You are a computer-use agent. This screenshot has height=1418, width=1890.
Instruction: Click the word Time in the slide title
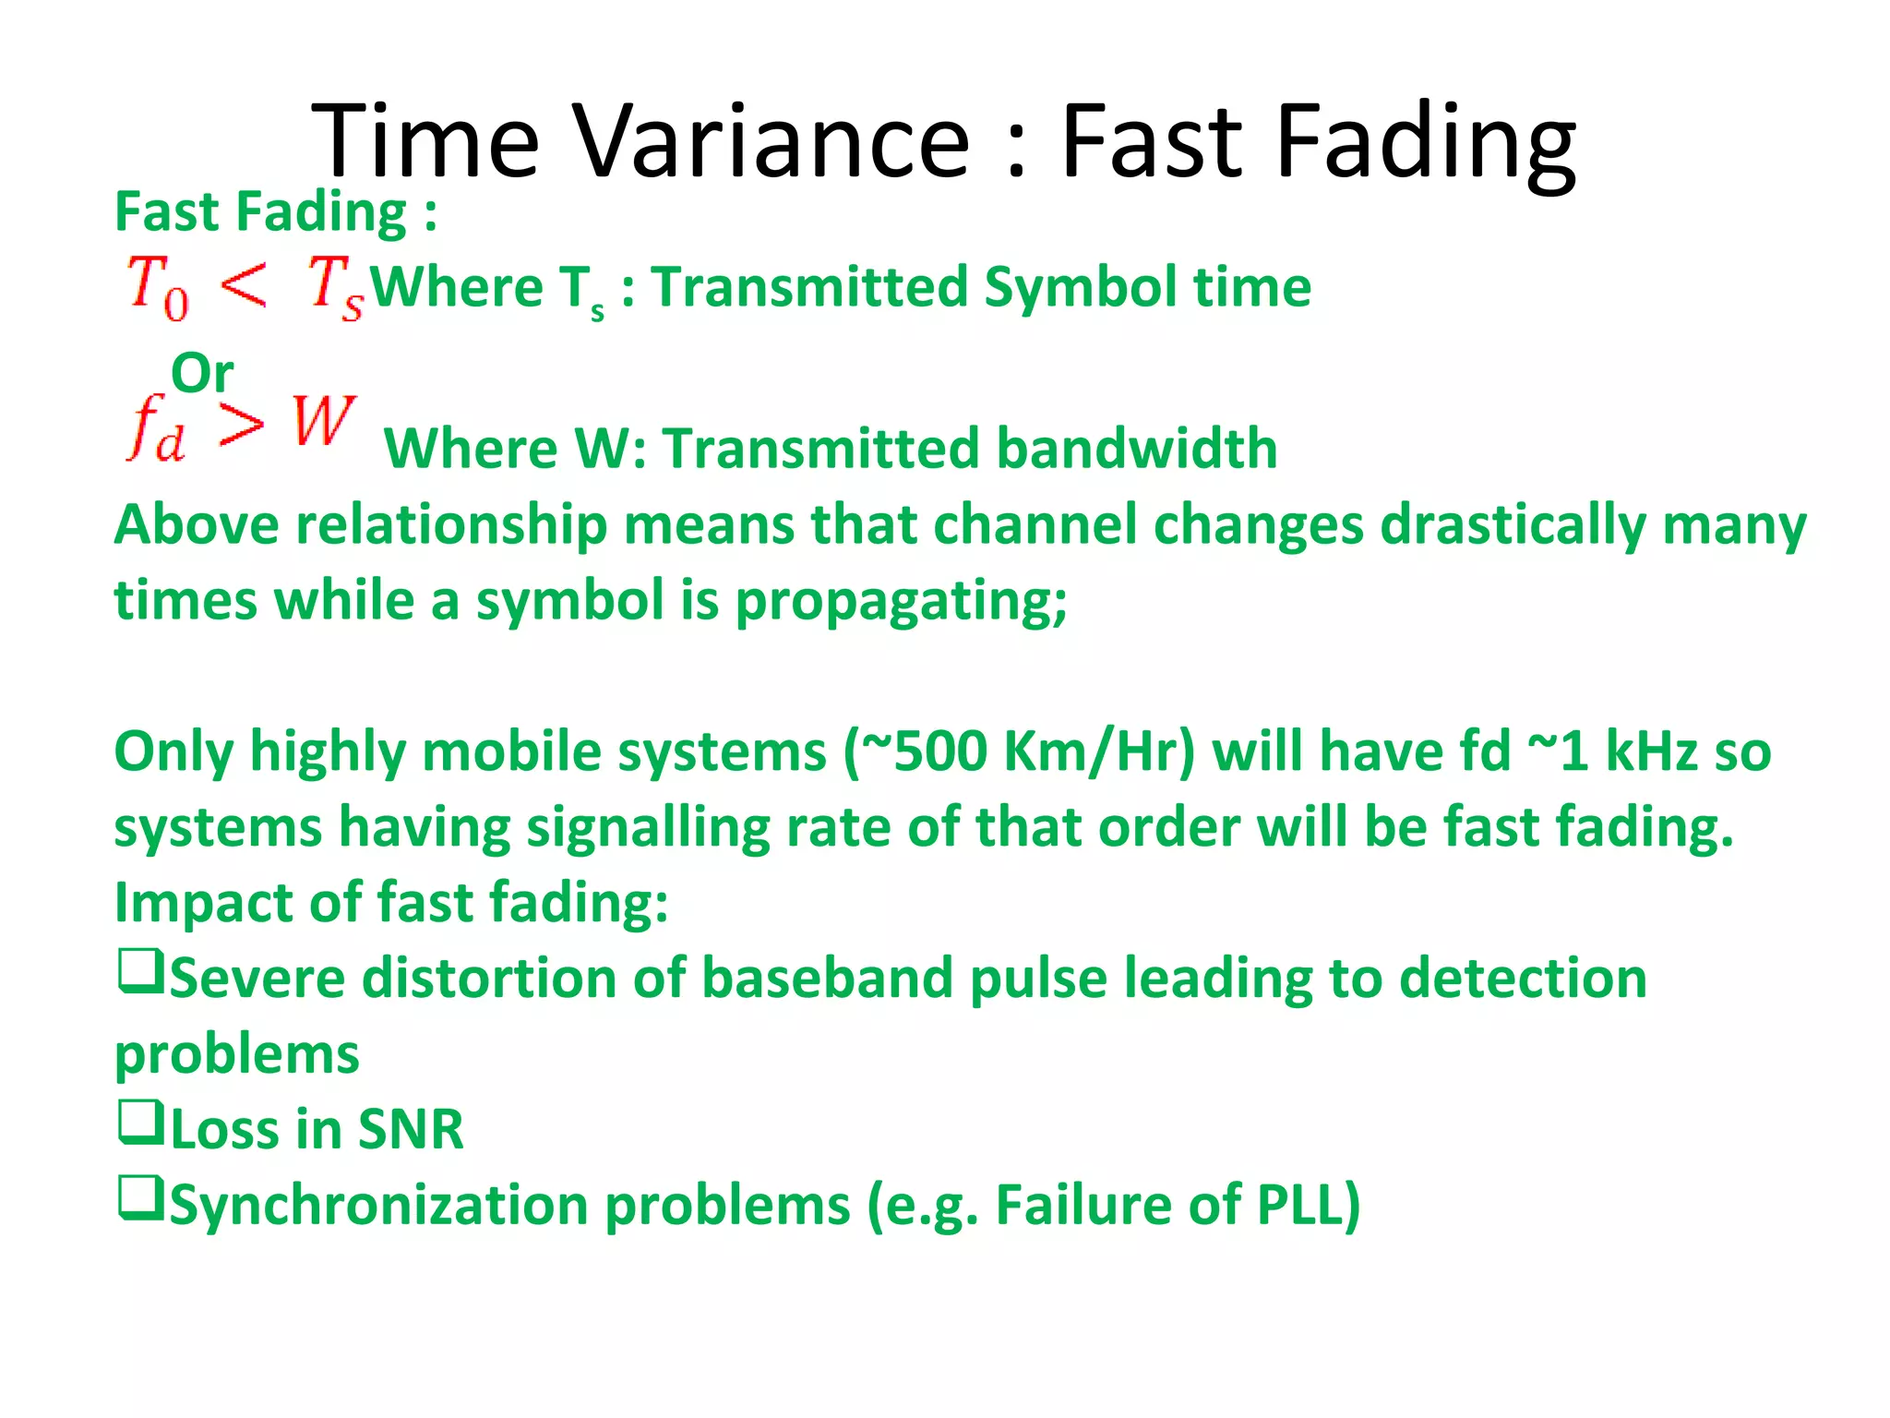[425, 140]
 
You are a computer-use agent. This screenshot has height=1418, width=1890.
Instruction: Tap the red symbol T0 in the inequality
[157, 286]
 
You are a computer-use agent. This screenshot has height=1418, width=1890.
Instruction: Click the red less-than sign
[244, 282]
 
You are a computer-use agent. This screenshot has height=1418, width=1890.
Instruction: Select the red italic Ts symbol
[334, 286]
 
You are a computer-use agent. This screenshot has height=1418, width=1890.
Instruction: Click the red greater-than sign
[242, 425]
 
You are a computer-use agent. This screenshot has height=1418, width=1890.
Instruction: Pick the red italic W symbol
[323, 421]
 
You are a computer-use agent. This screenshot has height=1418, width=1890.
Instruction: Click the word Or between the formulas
[202, 373]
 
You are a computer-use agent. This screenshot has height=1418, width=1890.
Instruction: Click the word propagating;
[901, 602]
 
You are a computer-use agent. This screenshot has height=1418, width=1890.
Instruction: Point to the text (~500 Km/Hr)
[1019, 751]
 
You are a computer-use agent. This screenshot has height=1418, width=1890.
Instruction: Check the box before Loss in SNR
[140, 1123]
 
